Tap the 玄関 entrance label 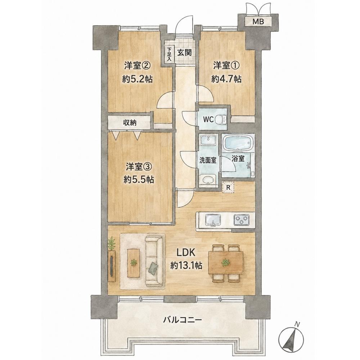[x=184, y=53]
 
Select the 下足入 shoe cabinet [x=169, y=54]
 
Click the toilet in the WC [x=221, y=119]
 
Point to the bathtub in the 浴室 [x=238, y=144]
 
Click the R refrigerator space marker [x=228, y=187]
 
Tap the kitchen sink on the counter [x=213, y=219]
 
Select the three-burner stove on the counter [x=241, y=219]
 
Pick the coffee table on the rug [x=133, y=263]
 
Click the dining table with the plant [x=226, y=262]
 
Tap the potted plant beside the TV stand [x=112, y=244]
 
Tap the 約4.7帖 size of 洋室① [x=226, y=79]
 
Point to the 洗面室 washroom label [x=208, y=160]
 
